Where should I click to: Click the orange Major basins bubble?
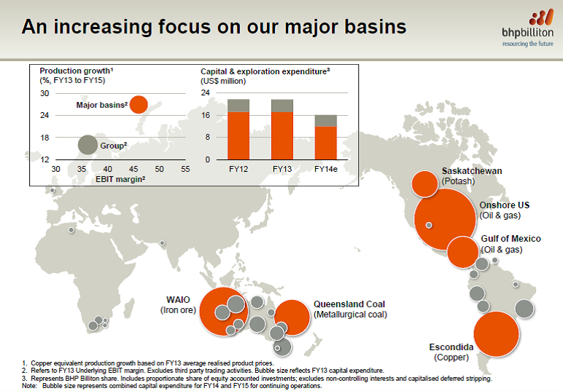[x=139, y=105]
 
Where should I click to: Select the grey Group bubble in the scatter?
[x=88, y=145]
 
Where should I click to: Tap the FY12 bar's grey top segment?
[x=238, y=106]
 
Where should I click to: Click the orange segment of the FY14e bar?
[x=326, y=143]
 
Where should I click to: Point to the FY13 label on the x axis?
[x=282, y=169]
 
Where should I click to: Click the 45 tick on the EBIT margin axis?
[x=133, y=169]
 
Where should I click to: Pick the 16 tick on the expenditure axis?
[x=206, y=115]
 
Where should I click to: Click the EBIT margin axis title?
[x=120, y=179]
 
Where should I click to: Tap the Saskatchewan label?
[x=472, y=171]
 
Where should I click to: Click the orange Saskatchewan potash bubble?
[x=424, y=184]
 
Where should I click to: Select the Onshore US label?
[x=505, y=205]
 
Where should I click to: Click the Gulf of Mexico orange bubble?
[x=462, y=252]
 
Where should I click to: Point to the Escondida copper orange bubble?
[x=497, y=333]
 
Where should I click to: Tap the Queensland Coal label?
[x=349, y=304]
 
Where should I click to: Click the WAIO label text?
[x=178, y=299]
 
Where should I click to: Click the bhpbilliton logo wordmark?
[x=527, y=33]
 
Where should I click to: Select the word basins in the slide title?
[x=376, y=27]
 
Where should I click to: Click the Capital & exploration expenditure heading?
[x=265, y=71]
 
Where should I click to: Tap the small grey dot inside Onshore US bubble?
[x=429, y=225]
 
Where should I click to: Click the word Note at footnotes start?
[x=28, y=386]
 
